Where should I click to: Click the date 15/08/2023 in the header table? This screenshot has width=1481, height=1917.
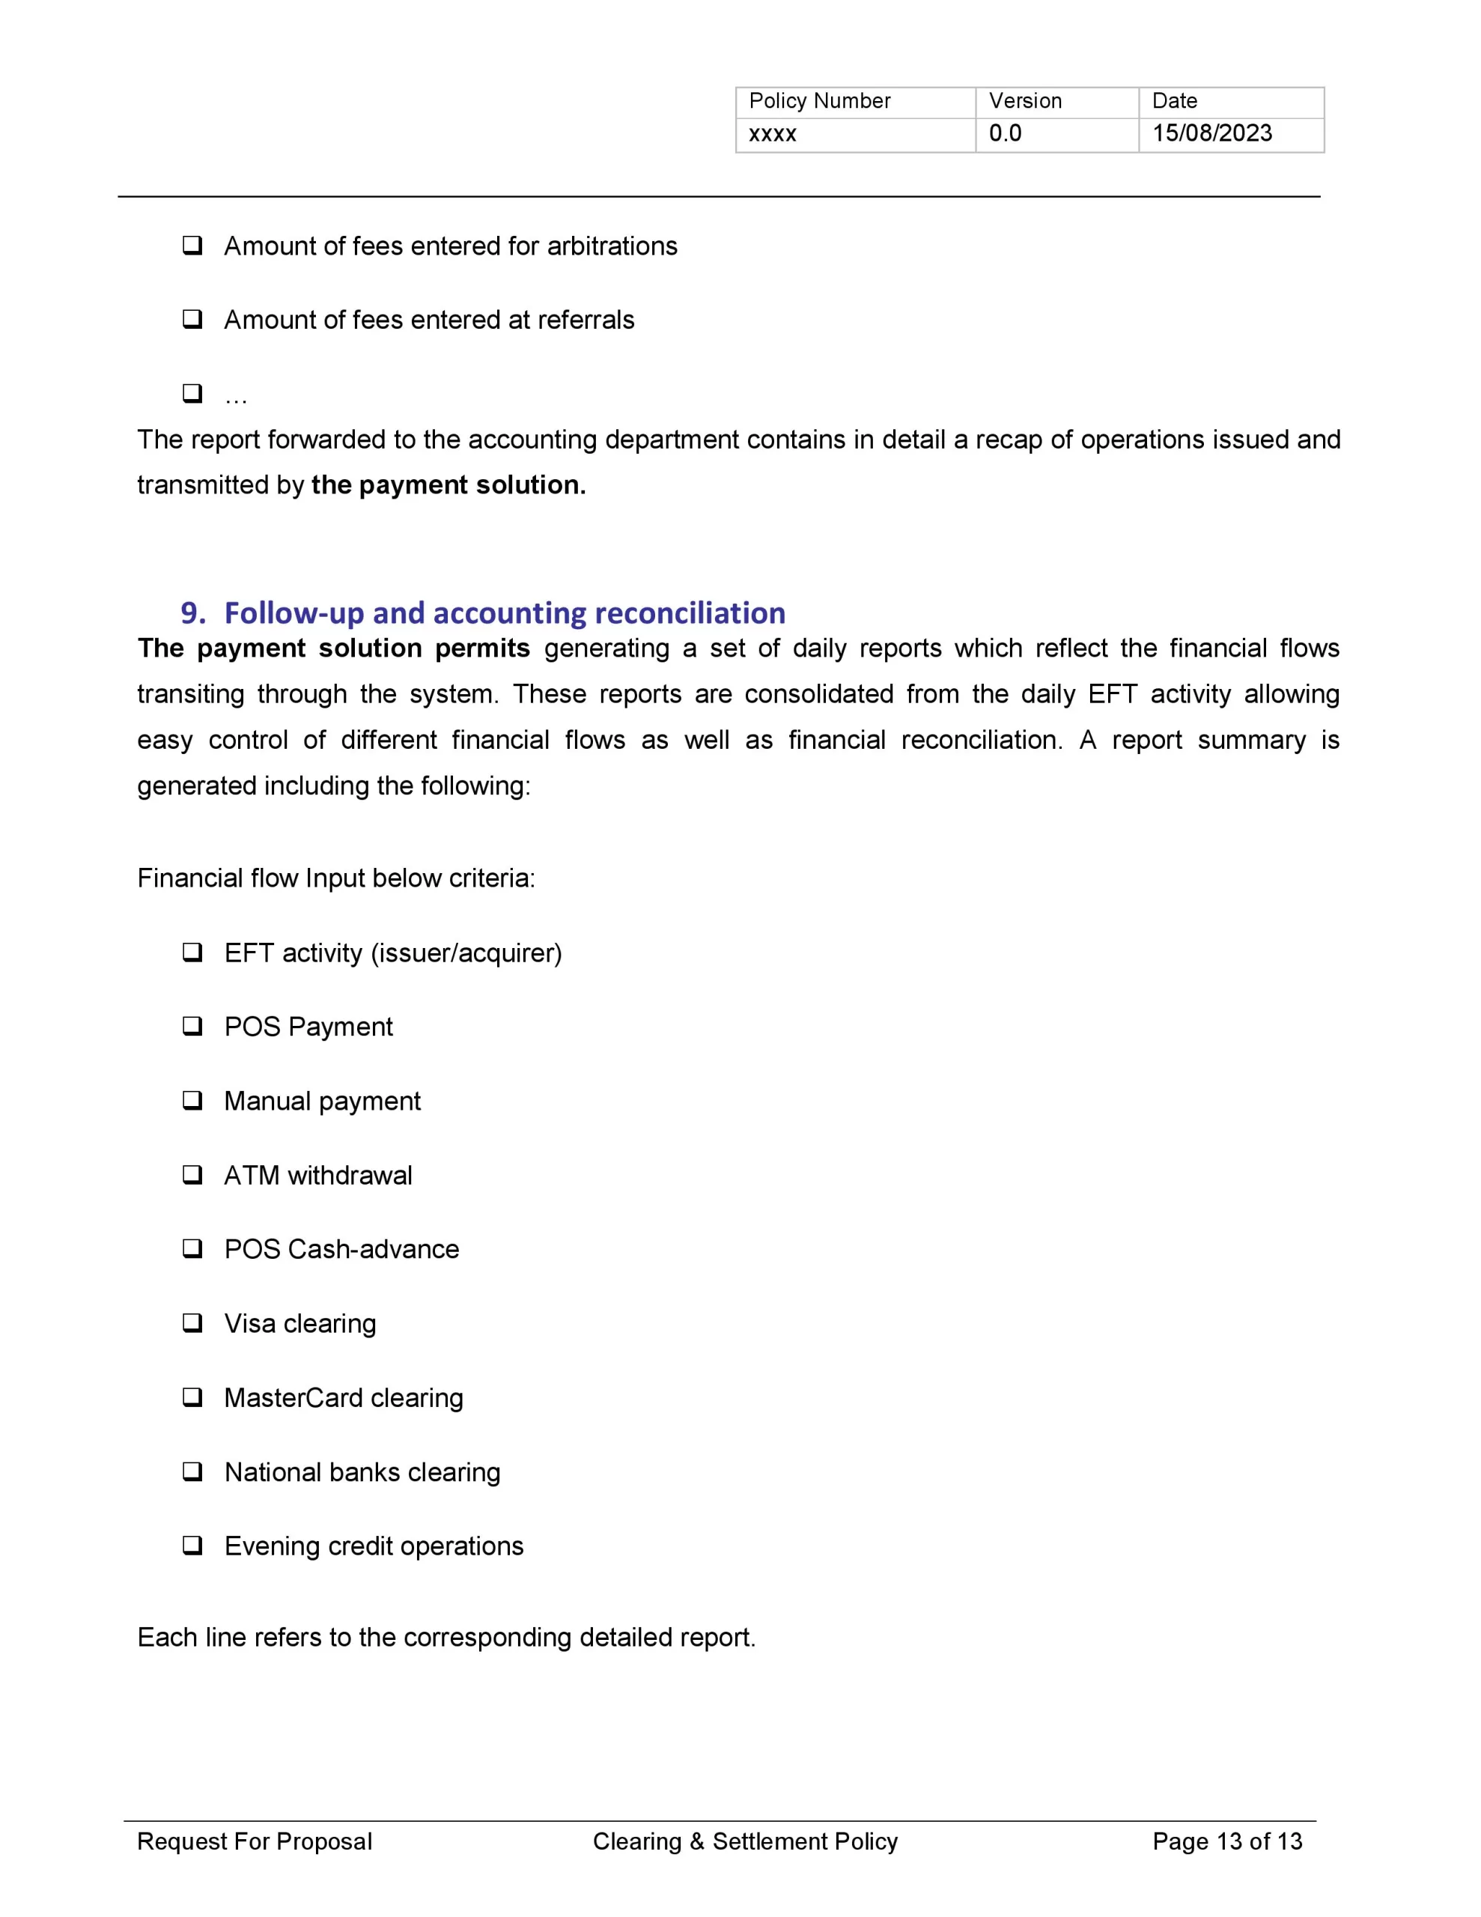click(x=1211, y=133)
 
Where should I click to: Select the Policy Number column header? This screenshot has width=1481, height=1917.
click(x=819, y=101)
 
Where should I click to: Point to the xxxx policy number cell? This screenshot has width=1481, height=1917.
click(x=773, y=134)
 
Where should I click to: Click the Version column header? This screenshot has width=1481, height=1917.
click(x=1024, y=101)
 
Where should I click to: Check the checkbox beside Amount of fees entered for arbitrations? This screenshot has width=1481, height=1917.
click(x=192, y=245)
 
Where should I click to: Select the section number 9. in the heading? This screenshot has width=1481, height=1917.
click(x=193, y=613)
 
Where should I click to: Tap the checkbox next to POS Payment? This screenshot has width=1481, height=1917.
click(x=192, y=1025)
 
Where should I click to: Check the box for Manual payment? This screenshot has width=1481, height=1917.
click(x=192, y=1100)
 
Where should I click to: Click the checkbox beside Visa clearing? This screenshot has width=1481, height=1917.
click(x=192, y=1322)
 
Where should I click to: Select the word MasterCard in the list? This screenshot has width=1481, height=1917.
click(x=292, y=1397)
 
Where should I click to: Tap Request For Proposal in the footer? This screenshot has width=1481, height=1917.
click(x=255, y=1841)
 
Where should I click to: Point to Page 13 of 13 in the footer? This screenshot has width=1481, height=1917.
click(x=1226, y=1841)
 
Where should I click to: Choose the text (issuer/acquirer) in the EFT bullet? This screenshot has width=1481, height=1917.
click(x=466, y=953)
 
